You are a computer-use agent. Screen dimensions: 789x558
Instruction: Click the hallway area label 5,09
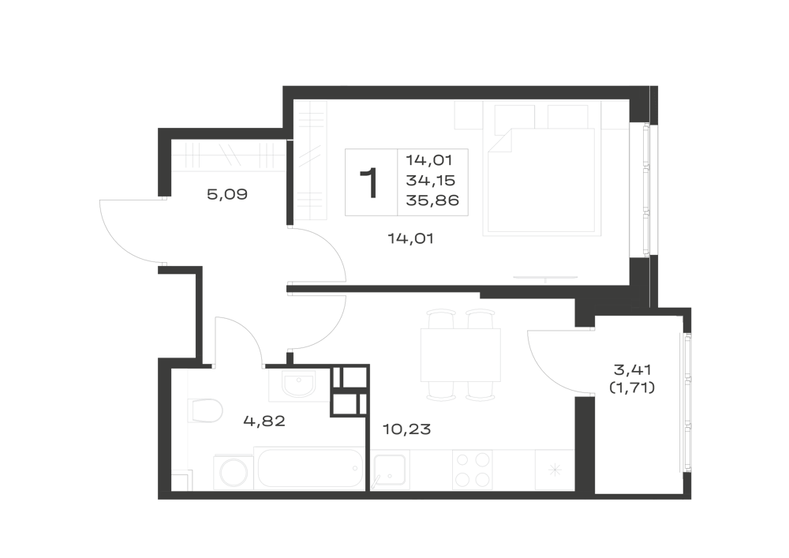227,194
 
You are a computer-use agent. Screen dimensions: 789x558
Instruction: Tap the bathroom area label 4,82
264,421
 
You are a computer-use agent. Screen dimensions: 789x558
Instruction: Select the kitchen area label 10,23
406,429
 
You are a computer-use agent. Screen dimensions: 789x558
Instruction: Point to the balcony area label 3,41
633,370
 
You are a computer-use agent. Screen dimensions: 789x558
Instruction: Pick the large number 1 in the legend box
370,184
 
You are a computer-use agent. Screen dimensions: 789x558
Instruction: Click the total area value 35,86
432,200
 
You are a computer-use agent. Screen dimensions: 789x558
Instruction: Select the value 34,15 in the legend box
430,180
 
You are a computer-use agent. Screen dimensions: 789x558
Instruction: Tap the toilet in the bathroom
205,410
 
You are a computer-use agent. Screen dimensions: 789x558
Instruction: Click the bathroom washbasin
298,385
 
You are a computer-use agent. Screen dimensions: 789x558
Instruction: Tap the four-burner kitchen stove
472,470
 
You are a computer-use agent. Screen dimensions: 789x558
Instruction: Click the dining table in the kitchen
461,354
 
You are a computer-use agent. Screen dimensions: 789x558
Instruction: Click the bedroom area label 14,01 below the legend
410,238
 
